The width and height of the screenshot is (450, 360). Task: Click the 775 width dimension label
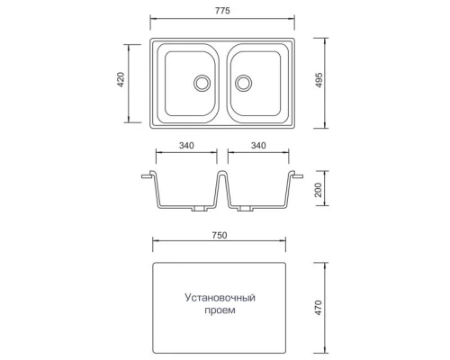(222, 11)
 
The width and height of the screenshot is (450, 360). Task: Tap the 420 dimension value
(121, 79)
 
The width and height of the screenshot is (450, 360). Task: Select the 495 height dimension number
(319, 80)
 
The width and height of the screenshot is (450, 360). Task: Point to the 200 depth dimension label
(319, 190)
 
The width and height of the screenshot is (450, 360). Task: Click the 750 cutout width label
(220, 236)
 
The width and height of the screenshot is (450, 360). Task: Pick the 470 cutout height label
(319, 308)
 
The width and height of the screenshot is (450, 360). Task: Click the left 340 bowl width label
(186, 146)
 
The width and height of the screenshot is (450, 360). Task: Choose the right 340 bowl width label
(258, 146)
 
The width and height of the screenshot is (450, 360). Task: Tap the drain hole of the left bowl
(202, 83)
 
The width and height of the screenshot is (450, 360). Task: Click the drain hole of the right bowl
(243, 83)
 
